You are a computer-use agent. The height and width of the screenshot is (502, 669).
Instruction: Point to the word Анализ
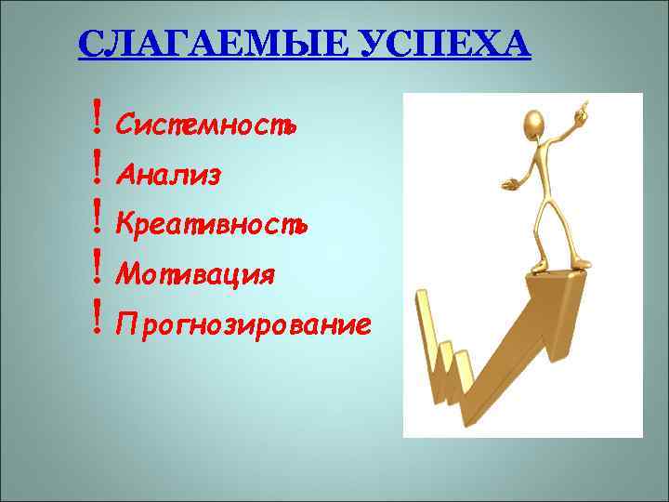pos(168,174)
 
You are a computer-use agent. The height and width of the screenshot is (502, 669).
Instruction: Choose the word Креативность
pos(211,224)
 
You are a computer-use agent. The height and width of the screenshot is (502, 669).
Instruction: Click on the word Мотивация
pos(194,274)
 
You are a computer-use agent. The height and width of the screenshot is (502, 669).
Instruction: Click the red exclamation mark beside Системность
pos(97,120)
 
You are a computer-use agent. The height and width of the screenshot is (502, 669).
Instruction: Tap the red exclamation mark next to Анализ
pos(97,170)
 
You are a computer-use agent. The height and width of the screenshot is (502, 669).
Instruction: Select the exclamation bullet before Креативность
pos(97,220)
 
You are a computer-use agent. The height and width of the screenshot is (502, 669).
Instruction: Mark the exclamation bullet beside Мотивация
pos(97,271)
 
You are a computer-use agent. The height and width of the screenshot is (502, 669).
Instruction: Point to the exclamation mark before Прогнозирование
pos(97,321)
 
